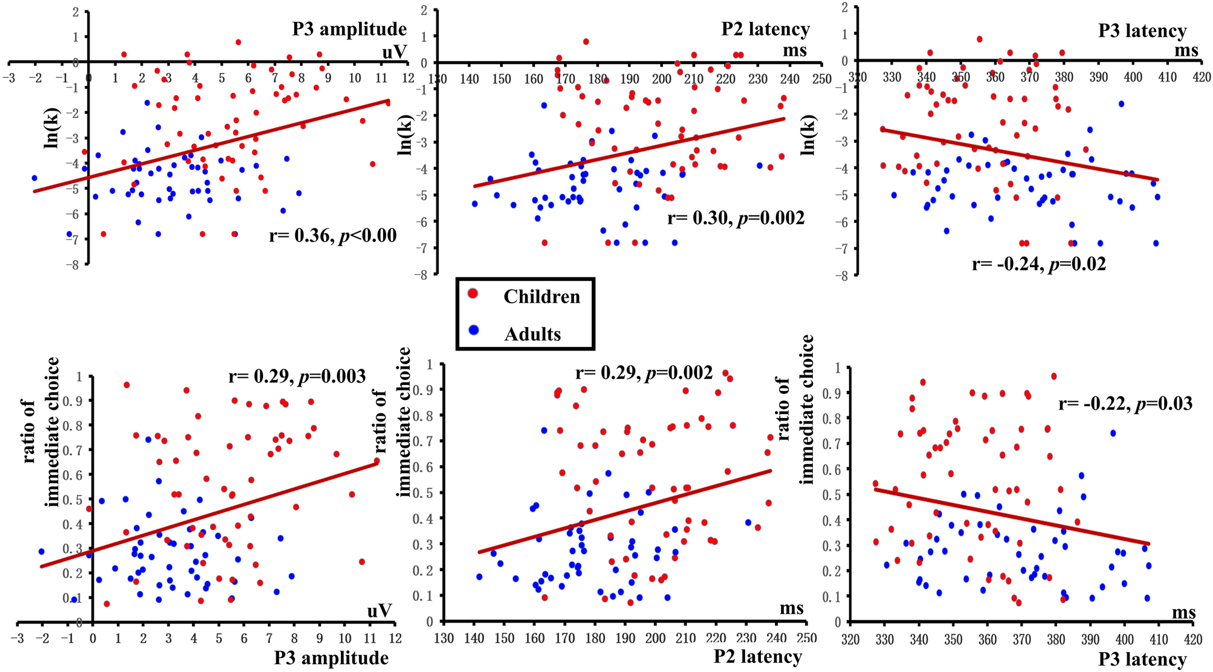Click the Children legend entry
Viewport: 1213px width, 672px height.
(541, 296)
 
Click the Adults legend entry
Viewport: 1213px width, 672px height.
(532, 334)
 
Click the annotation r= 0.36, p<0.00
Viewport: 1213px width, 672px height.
(332, 235)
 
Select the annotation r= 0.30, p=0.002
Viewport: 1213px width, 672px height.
(736, 218)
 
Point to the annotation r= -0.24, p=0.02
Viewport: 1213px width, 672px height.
(1038, 264)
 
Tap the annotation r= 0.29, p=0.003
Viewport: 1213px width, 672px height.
(297, 376)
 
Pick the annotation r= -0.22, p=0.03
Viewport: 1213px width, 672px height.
(1125, 403)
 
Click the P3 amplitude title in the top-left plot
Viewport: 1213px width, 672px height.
(349, 28)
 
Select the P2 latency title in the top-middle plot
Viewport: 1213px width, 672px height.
(765, 28)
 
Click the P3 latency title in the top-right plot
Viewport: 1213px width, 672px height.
(1142, 30)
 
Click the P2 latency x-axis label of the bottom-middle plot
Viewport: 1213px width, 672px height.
(757, 656)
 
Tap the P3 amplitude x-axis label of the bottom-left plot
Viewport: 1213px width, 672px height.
(331, 657)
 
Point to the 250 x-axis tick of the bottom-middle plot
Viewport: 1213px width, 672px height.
(806, 638)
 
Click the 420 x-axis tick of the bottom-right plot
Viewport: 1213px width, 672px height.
(1192, 639)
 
